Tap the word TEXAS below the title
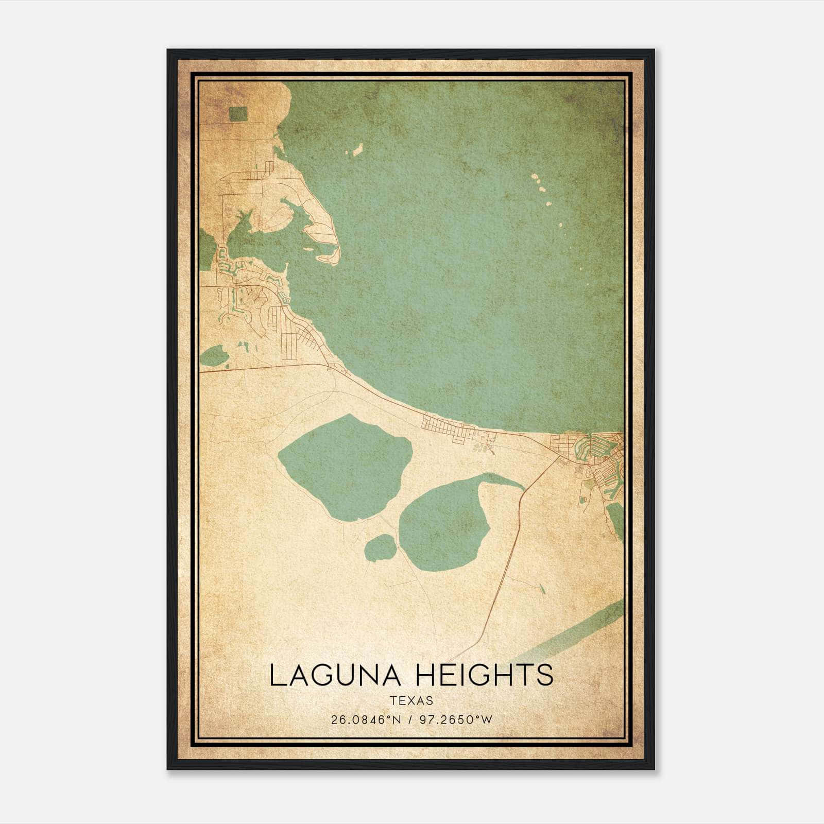(x=411, y=701)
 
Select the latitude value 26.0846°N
(x=366, y=720)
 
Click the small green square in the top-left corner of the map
(x=238, y=114)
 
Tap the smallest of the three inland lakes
(x=380, y=547)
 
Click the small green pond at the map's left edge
(x=214, y=355)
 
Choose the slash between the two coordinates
(x=410, y=720)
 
